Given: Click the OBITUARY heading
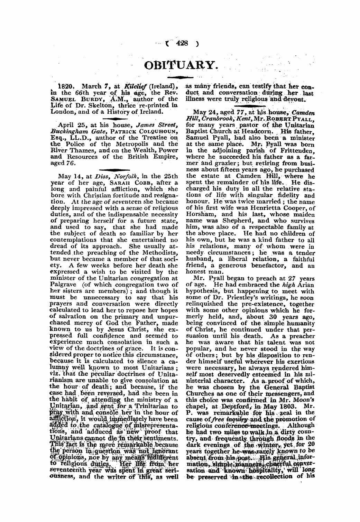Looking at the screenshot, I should click(180, 64).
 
